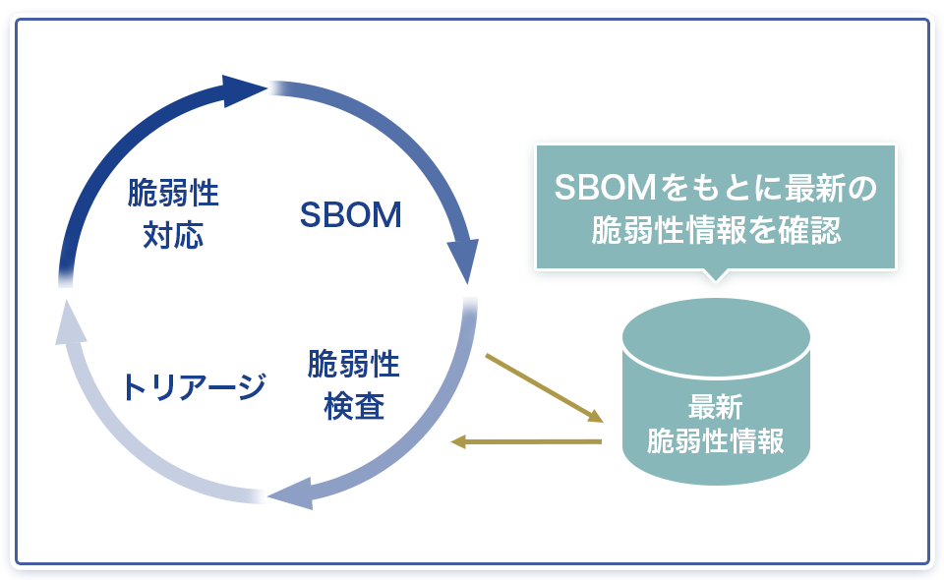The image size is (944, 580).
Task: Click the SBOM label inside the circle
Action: (x=351, y=215)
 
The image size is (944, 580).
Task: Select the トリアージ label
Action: (x=193, y=386)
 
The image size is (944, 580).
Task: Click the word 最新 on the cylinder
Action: (x=716, y=405)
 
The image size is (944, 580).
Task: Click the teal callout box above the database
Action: (x=716, y=207)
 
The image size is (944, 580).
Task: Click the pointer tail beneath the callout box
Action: (x=716, y=274)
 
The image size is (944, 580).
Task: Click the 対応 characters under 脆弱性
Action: (x=173, y=237)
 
